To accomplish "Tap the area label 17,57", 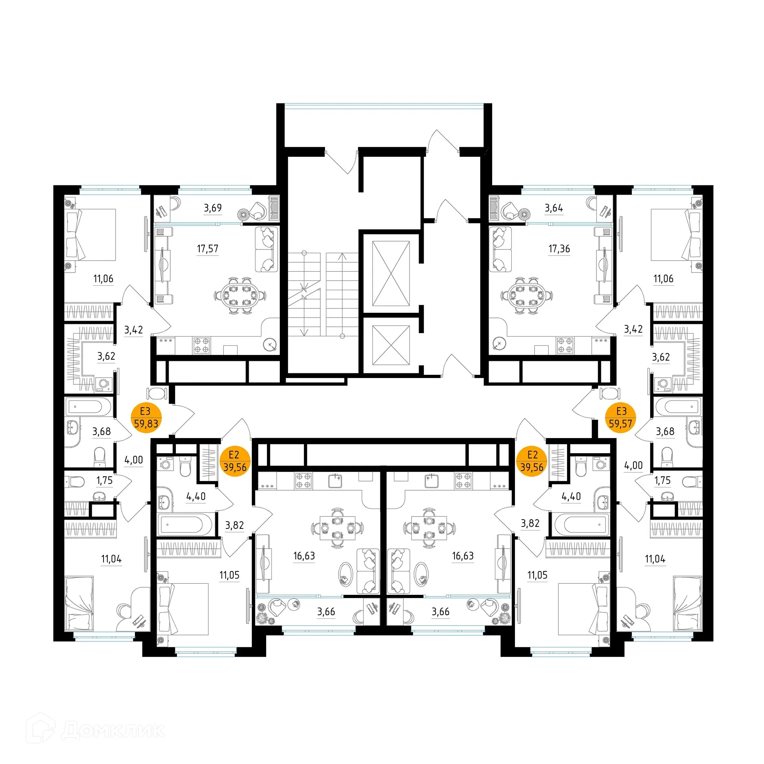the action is click(x=208, y=249).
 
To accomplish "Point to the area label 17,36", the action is click(x=559, y=249).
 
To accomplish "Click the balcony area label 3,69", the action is click(x=213, y=208).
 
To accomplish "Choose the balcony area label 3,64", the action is click(x=554, y=208).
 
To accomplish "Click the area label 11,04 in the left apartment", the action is click(x=111, y=559).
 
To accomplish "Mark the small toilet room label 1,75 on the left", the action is click(x=105, y=480).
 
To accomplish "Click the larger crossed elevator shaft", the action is click(x=391, y=273).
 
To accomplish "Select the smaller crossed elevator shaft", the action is click(x=391, y=345).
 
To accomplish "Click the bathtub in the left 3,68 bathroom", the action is click(x=90, y=407).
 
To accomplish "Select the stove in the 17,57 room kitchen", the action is click(x=201, y=345).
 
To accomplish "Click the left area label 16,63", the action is click(x=304, y=556).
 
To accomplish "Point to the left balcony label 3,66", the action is click(x=326, y=612).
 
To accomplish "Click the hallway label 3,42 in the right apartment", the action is click(x=633, y=329).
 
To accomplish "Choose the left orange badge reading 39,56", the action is click(x=235, y=462).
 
